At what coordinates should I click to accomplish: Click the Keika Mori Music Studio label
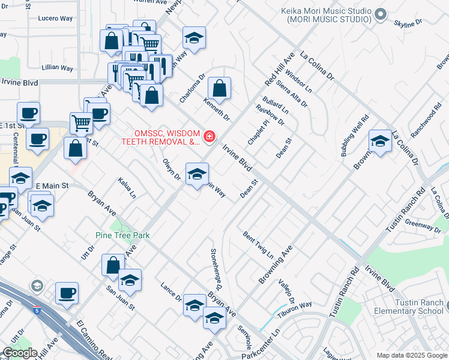[x=326, y=15]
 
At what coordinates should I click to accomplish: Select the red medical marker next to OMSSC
[x=209, y=137]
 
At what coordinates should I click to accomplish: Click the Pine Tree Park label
[x=122, y=236]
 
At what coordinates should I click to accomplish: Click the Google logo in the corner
[x=20, y=353]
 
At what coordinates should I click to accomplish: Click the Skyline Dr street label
[x=408, y=22]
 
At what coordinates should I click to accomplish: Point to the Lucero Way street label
[x=55, y=19]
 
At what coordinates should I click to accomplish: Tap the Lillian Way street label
[x=58, y=67]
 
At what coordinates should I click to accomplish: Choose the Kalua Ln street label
[x=127, y=187]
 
